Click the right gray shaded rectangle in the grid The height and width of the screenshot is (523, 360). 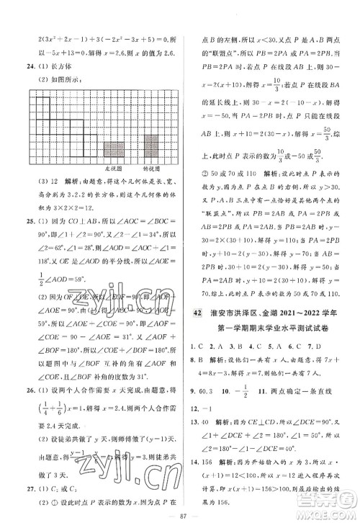pyautogui.click(x=150, y=146)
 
